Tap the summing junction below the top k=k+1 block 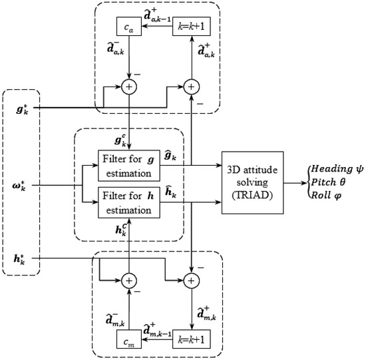(192, 86)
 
